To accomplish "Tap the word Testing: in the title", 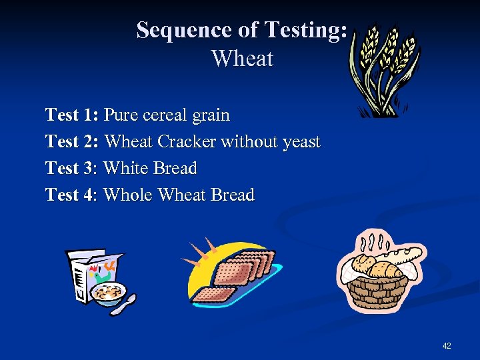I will pyautogui.click(x=305, y=30).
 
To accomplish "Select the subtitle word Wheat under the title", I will pyautogui.click(x=242, y=59).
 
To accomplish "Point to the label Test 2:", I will pyautogui.click(x=72, y=141).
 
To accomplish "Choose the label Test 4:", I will pyautogui.click(x=72, y=195).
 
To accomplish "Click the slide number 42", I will pyautogui.click(x=447, y=345).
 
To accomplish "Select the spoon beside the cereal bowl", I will pyautogui.click(x=124, y=305).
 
